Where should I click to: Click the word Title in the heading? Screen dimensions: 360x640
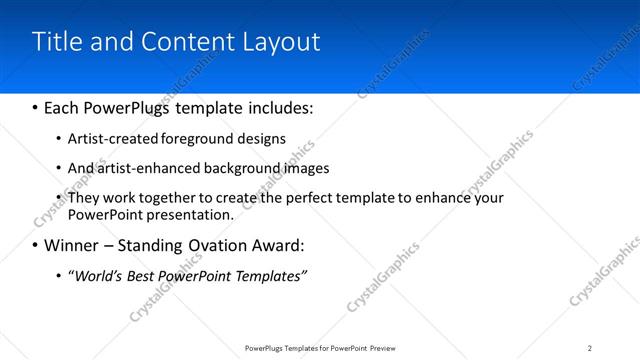[57, 41]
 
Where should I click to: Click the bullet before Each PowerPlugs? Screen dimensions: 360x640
[36, 106]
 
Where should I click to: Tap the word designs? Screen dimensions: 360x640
[261, 139]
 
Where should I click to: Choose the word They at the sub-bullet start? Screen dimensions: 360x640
[84, 198]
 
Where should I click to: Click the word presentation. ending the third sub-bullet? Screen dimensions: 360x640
[190, 214]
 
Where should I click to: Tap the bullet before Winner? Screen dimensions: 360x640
[36, 245]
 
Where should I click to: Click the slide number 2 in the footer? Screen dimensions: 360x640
[590, 347]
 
